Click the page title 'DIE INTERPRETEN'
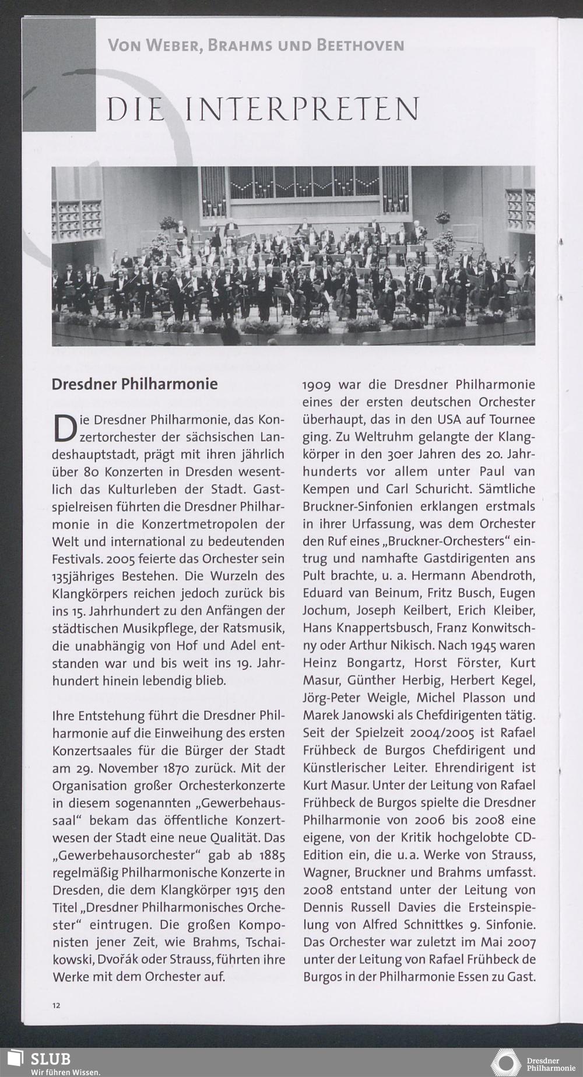[x=262, y=109]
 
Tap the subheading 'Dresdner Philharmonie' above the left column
[x=135, y=385]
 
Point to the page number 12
[x=56, y=1005]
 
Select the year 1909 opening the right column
[x=318, y=385]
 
